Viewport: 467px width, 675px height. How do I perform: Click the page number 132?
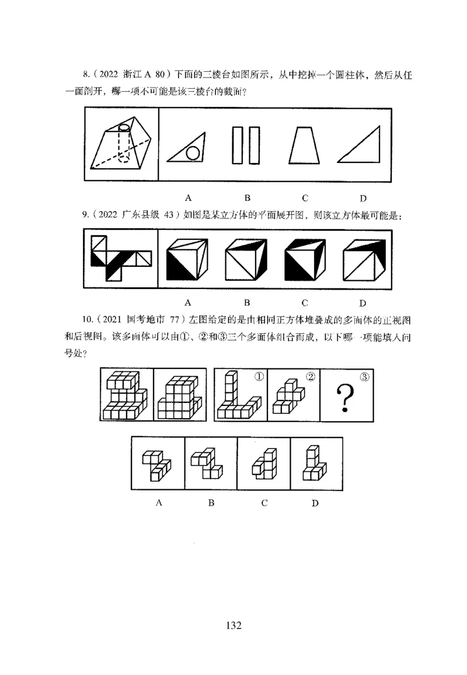coord(233,625)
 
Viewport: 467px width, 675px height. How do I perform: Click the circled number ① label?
coord(257,377)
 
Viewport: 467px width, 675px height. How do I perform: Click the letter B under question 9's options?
coord(247,302)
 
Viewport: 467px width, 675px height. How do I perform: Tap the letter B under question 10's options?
coord(211,503)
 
